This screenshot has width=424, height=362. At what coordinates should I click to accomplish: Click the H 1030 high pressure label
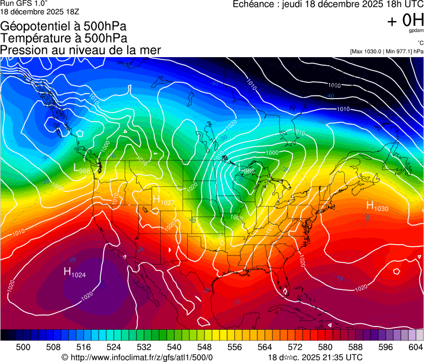coord(377,206)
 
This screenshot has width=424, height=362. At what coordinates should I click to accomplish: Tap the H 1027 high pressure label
coord(163,200)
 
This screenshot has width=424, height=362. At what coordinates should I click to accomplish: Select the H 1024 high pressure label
coord(74,273)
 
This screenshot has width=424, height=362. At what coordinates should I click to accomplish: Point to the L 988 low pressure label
coord(81,168)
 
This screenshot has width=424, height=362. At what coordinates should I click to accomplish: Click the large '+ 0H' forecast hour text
coord(405,21)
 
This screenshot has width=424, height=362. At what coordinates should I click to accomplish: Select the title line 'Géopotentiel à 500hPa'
coord(63,26)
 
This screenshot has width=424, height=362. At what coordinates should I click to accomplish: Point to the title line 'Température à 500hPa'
coord(64,38)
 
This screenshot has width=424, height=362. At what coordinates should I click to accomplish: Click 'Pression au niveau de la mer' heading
coord(80,50)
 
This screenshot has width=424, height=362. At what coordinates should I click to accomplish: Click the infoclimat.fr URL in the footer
coord(141,357)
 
